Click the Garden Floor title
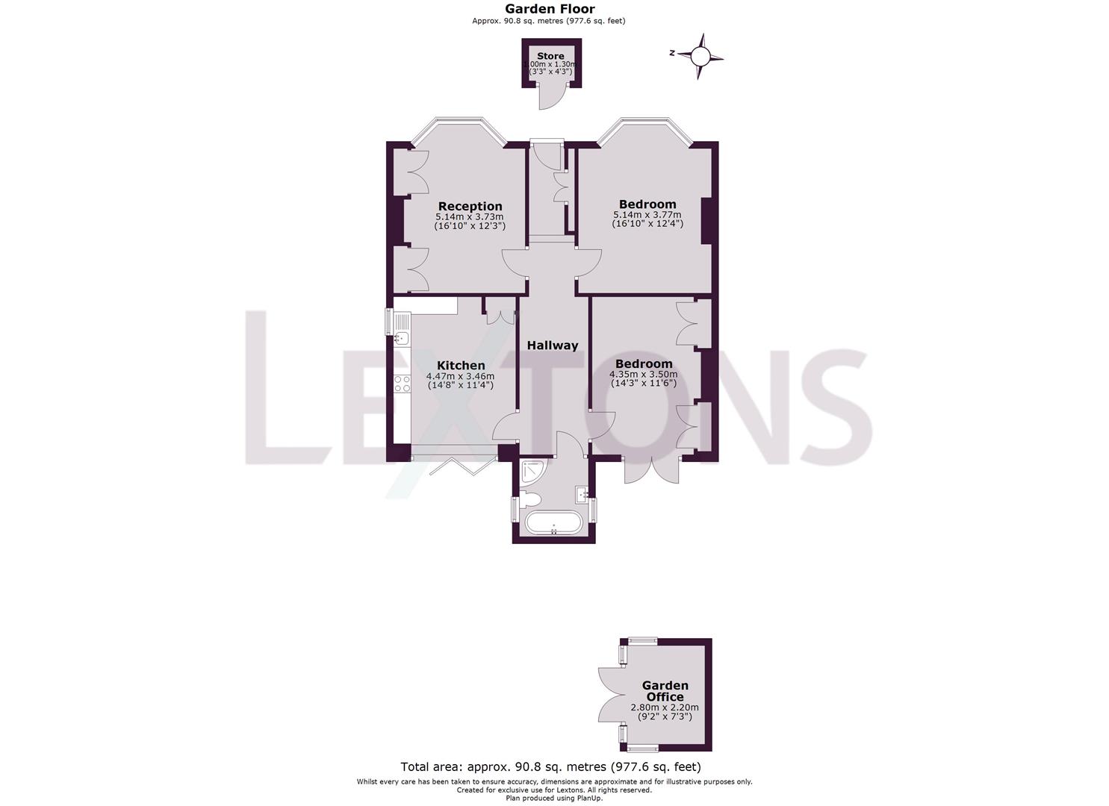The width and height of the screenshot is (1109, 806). [550, 9]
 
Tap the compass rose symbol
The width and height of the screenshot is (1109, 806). [700, 56]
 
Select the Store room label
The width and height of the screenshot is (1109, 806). [550, 56]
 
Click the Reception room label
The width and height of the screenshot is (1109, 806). [470, 206]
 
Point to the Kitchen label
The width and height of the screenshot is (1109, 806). [460, 365]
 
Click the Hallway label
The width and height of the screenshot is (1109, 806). [553, 346]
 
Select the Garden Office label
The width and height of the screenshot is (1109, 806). [665, 691]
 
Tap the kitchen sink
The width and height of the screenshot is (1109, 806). [400, 334]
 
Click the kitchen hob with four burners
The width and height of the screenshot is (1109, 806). [402, 384]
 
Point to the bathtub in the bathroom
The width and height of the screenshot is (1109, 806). [553, 523]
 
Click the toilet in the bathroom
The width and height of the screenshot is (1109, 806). [531, 498]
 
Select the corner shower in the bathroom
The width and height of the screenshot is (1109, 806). [533, 469]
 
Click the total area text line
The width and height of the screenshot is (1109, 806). [550, 766]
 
